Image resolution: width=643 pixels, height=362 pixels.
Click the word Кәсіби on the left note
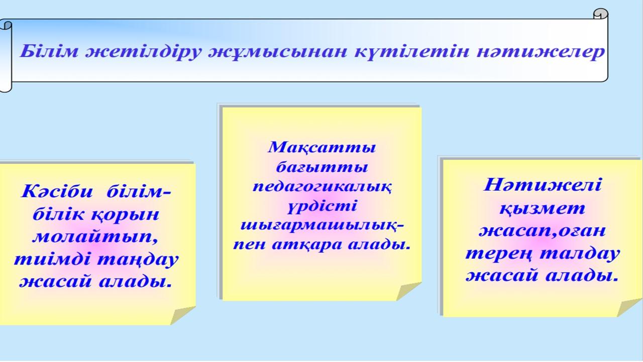(57, 191)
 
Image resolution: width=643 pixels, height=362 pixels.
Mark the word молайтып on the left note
(95, 237)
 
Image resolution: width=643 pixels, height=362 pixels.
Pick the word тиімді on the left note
(51, 259)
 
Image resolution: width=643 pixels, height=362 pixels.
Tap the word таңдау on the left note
(138, 260)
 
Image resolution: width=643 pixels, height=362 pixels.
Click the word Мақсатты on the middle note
(322, 148)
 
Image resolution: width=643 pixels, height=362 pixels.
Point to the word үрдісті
(322, 207)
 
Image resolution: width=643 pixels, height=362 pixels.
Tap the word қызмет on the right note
(542, 208)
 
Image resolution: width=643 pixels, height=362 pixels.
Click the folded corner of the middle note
(408, 291)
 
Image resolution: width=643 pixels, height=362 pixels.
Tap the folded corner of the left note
(182, 315)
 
